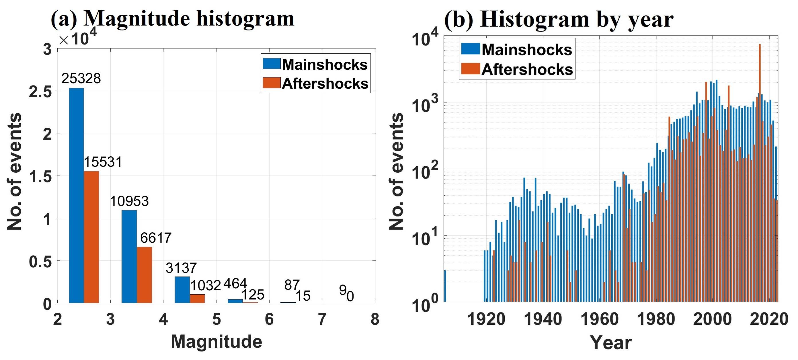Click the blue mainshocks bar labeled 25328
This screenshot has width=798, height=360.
coord(76,195)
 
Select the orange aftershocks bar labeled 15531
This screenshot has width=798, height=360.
coord(91,237)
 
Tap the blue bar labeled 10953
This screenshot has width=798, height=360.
coord(129,256)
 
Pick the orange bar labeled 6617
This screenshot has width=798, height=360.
coord(144,275)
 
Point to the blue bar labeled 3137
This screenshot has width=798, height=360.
coord(182,290)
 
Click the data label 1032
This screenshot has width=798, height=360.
coord(205,285)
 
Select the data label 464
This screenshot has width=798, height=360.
coord(235,283)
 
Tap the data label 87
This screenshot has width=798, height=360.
coord(292,285)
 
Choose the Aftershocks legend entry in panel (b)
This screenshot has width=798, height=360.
coord(517,69)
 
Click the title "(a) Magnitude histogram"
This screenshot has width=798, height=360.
coord(172,19)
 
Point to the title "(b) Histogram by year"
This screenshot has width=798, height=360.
coord(559,19)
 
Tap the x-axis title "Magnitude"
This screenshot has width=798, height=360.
coord(216,342)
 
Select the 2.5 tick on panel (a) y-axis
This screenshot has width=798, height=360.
coord(40,92)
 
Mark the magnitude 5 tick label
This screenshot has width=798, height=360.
coord(216,319)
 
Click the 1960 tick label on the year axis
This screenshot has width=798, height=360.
coord(599,319)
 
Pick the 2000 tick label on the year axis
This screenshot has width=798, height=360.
coord(712,319)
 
